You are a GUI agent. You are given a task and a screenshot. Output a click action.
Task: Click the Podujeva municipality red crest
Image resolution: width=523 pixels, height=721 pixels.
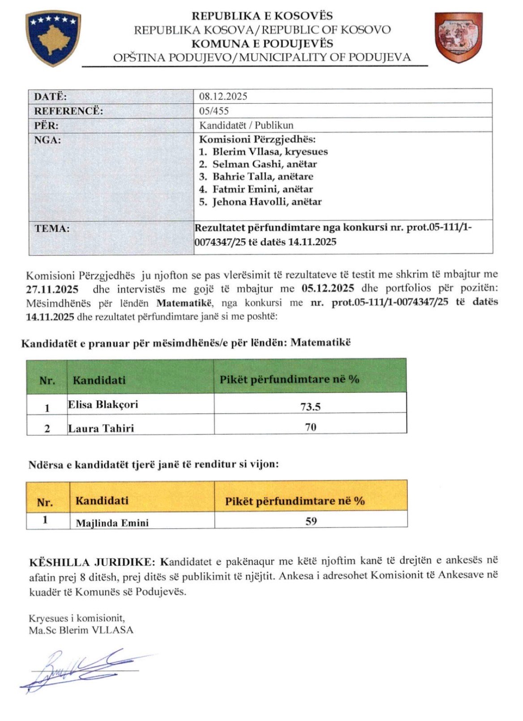coord(459,38)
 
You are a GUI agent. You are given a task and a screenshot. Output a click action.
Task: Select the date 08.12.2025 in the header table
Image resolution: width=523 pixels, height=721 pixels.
coord(223,96)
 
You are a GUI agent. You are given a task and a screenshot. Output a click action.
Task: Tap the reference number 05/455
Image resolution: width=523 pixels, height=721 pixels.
coord(214,111)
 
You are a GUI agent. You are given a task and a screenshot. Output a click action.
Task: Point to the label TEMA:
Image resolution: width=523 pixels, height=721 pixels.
coord(52,229)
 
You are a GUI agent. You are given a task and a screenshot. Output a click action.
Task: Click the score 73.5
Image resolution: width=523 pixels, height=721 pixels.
coord(310,407)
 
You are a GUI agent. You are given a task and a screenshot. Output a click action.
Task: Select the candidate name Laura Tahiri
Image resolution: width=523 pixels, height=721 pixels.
coord(101,428)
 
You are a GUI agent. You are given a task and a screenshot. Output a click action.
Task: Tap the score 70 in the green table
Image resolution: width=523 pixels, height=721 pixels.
coord(310,427)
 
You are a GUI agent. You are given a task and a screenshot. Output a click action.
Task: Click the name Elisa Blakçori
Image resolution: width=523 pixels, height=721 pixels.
coord(103,405)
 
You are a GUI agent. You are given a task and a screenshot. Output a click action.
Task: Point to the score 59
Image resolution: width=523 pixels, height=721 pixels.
coord(311,521)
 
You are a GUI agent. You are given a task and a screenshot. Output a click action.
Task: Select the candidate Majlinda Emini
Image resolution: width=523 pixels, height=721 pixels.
coord(112,523)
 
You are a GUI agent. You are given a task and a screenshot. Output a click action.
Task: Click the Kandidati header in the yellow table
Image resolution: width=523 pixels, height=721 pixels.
coord(102,500)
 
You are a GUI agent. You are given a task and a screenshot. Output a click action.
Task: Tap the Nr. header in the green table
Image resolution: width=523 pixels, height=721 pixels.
coord(47,381)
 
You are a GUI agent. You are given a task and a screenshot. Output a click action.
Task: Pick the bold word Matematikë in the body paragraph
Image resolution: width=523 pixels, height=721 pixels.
coord(184,303)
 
